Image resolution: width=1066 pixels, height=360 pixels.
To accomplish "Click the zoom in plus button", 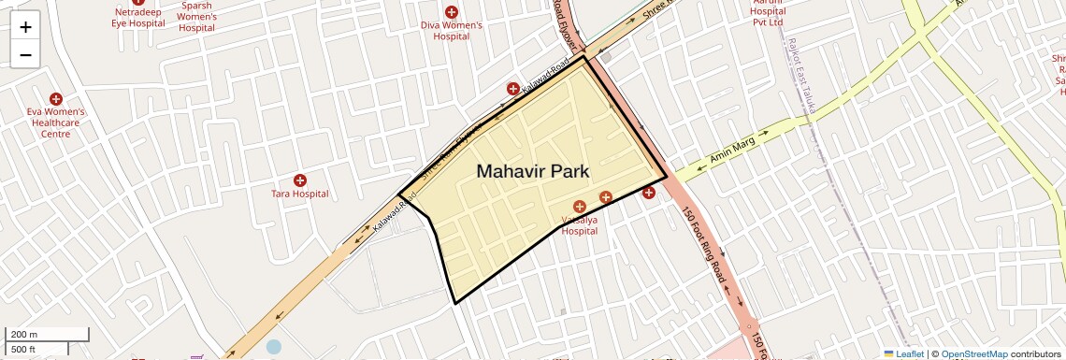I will coord(25,27).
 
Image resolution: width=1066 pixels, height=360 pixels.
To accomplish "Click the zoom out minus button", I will coord(25,54).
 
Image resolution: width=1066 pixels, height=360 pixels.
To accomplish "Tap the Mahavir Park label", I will coord(533,171).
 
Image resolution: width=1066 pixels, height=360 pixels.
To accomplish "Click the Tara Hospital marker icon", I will coord(300,180).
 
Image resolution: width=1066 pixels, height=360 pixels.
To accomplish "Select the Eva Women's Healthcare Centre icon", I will coord(56,98).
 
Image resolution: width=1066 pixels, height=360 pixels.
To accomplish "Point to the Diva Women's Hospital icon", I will coord(452,12).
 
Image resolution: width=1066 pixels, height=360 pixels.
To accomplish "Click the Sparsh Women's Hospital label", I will coord(196,16).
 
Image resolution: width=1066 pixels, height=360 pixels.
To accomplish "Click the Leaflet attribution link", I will coord(903,353).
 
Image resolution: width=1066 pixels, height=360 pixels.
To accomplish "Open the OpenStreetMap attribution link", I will coord(973,353).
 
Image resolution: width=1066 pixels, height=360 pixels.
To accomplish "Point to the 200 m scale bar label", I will coord(24,334).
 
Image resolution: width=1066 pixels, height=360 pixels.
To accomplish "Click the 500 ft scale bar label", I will coord(24,349).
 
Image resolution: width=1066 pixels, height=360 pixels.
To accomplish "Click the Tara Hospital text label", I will coord(300,194).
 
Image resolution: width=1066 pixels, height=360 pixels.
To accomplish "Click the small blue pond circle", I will coord(273,346).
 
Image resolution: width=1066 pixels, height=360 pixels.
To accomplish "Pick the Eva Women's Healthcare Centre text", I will coord(56,122).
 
